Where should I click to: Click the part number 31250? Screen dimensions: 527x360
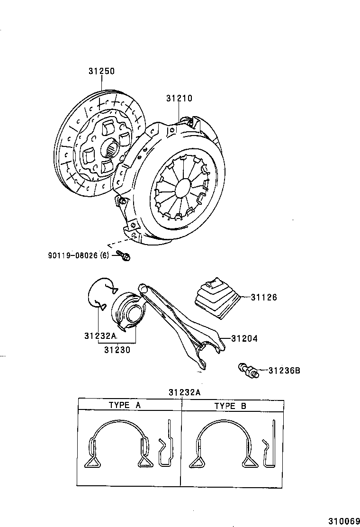point(101,72)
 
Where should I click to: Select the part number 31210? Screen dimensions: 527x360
point(179,99)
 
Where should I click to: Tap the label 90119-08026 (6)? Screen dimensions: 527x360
point(78,255)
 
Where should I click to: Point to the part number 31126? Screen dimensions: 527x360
point(264,298)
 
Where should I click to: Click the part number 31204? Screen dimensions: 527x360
point(244,339)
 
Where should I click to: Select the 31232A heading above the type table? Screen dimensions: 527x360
point(184,392)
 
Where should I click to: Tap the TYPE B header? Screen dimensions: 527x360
point(230,406)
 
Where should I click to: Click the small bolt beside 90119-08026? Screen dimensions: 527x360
point(126,256)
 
